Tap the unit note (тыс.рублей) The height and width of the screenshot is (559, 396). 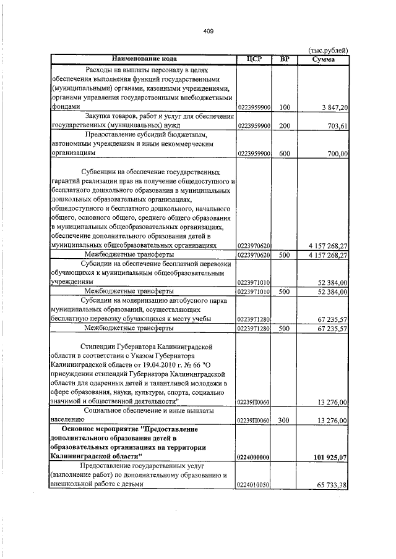tap(328, 51)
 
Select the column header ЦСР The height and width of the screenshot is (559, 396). tap(254, 59)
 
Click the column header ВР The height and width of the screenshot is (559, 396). tap(285, 59)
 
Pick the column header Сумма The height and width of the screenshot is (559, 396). tap(324, 59)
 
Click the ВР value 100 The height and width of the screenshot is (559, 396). tap(285, 107)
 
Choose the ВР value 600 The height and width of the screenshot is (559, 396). tap(285, 153)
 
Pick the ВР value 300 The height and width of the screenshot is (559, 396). tap(285, 421)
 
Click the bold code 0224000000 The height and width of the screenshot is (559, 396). tap(254, 457)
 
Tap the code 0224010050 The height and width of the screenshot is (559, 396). tap(254, 485)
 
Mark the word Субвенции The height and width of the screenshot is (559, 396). tap(101, 171)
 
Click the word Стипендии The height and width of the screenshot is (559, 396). tap(100, 347)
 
